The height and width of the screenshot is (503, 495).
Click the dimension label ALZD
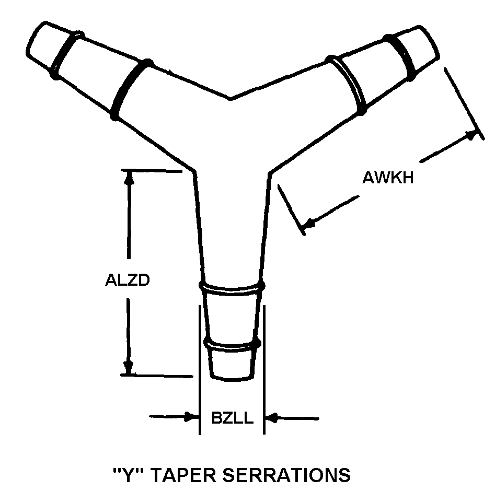(128, 280)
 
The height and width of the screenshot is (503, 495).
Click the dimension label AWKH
(388, 178)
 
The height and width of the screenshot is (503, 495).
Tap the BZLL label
(232, 418)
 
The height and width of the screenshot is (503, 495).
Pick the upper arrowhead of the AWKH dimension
(472, 135)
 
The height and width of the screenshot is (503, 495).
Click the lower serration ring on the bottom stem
(233, 344)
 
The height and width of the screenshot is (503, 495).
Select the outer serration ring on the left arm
(67, 54)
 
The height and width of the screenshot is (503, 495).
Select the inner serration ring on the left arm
(131, 89)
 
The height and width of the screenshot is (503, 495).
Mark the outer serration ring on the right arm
(403, 55)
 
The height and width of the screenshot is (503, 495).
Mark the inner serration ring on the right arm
(348, 85)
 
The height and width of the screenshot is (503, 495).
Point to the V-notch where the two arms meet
(230, 98)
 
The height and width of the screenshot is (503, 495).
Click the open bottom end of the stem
(233, 377)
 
